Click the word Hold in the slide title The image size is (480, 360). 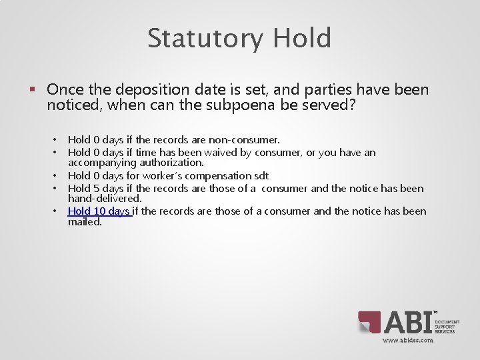(x=302, y=39)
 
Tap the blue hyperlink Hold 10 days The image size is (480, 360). (x=99, y=211)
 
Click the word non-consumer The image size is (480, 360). (x=247, y=140)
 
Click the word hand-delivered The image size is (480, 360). (x=105, y=198)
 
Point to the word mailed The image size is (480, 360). (x=85, y=221)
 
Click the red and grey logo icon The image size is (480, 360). (x=369, y=323)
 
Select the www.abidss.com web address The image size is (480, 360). (x=408, y=340)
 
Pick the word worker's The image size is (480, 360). (x=158, y=175)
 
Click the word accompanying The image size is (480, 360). (x=101, y=162)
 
